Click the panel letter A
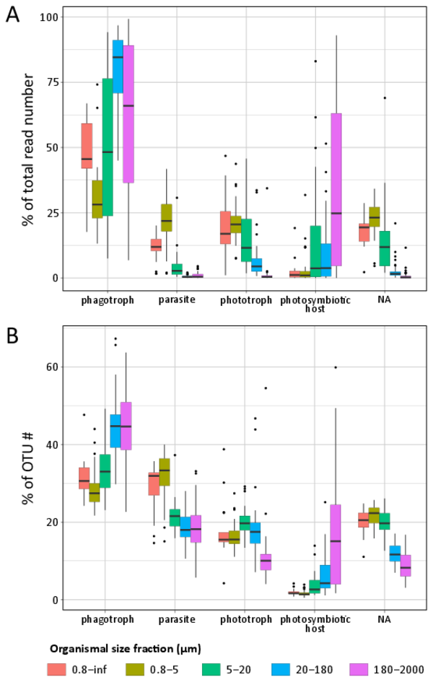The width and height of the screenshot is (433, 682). (x=12, y=14)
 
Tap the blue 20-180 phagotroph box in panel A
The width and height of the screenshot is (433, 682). (x=118, y=66)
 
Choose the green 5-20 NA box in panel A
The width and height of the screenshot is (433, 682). (x=385, y=248)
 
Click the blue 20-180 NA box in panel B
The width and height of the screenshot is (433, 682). (x=395, y=554)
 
